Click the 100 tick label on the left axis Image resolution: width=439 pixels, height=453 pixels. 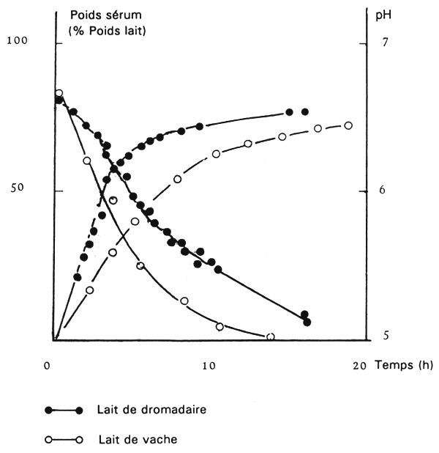pos(16,41)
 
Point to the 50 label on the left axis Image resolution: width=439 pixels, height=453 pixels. pos(16,188)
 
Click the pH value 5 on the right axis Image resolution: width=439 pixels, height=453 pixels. pos(383,336)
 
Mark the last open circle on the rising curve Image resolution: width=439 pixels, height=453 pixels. pos(348,125)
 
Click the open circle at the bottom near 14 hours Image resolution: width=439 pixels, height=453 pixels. pos(271,337)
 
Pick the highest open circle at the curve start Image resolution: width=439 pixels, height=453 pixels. pos(59,93)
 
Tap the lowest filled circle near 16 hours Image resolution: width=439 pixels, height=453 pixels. pos(307,322)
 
